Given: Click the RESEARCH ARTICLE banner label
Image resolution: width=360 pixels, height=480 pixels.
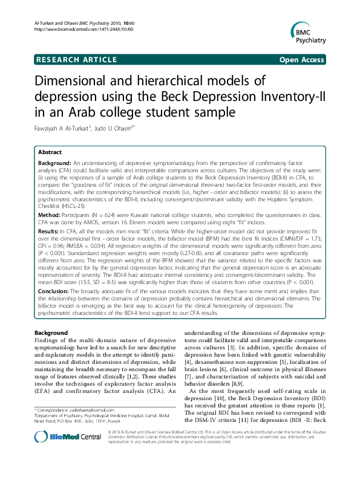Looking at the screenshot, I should [77, 59].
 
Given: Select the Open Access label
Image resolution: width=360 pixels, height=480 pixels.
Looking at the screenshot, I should [301, 59].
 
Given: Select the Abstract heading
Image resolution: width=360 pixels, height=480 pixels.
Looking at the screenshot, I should [51, 153].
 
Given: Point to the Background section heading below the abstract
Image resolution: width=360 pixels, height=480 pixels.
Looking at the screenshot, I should [51, 333].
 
